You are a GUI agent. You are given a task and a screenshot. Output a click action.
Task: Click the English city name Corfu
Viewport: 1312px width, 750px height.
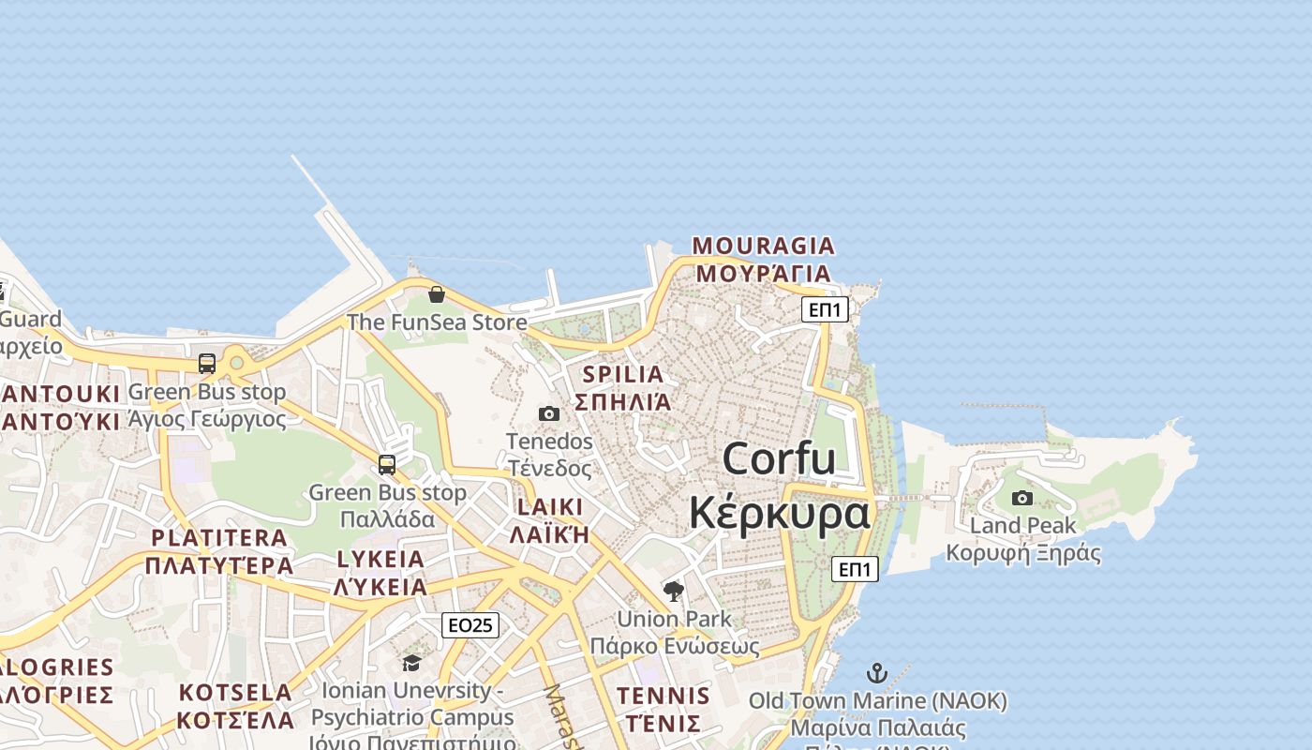click(779, 459)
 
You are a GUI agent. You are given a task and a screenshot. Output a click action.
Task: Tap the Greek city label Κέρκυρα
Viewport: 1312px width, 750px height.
click(779, 514)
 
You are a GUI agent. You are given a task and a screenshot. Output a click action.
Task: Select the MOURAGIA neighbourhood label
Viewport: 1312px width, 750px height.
click(763, 247)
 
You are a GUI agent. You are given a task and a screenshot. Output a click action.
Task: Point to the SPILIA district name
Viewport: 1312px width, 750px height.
click(623, 375)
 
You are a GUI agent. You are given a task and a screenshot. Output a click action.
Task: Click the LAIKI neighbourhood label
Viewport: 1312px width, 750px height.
click(548, 507)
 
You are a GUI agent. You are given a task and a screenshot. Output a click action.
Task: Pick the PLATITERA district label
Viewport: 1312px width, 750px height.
click(219, 538)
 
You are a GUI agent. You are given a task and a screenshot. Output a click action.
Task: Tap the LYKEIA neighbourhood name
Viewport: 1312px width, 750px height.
click(380, 560)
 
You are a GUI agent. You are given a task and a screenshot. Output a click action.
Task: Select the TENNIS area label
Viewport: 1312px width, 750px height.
click(663, 696)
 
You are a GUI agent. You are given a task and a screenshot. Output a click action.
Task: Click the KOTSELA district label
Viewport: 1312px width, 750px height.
click(236, 693)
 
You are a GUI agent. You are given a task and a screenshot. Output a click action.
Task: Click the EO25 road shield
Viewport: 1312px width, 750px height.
click(470, 625)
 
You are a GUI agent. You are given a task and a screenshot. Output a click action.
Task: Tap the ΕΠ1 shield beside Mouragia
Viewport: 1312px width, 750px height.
click(825, 309)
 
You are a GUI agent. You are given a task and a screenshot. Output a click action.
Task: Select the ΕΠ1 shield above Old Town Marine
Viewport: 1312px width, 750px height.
click(855, 568)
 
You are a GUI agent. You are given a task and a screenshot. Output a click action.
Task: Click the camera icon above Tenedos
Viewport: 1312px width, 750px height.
click(549, 413)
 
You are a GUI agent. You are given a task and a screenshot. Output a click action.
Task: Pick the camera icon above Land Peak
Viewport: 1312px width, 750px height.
click(1022, 498)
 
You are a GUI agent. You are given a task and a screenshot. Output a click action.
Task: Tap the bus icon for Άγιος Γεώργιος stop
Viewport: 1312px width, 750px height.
click(207, 364)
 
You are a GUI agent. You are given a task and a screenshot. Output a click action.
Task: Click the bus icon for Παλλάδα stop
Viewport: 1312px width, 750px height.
click(387, 464)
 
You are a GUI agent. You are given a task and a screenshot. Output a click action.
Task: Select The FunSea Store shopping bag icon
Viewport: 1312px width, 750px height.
click(437, 294)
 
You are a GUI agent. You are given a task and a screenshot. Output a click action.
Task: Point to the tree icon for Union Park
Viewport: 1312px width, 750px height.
click(673, 591)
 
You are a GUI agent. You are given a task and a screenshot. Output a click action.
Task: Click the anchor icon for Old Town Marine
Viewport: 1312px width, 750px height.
click(877, 672)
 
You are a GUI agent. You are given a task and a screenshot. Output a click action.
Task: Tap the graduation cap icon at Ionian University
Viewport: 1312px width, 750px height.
click(411, 663)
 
